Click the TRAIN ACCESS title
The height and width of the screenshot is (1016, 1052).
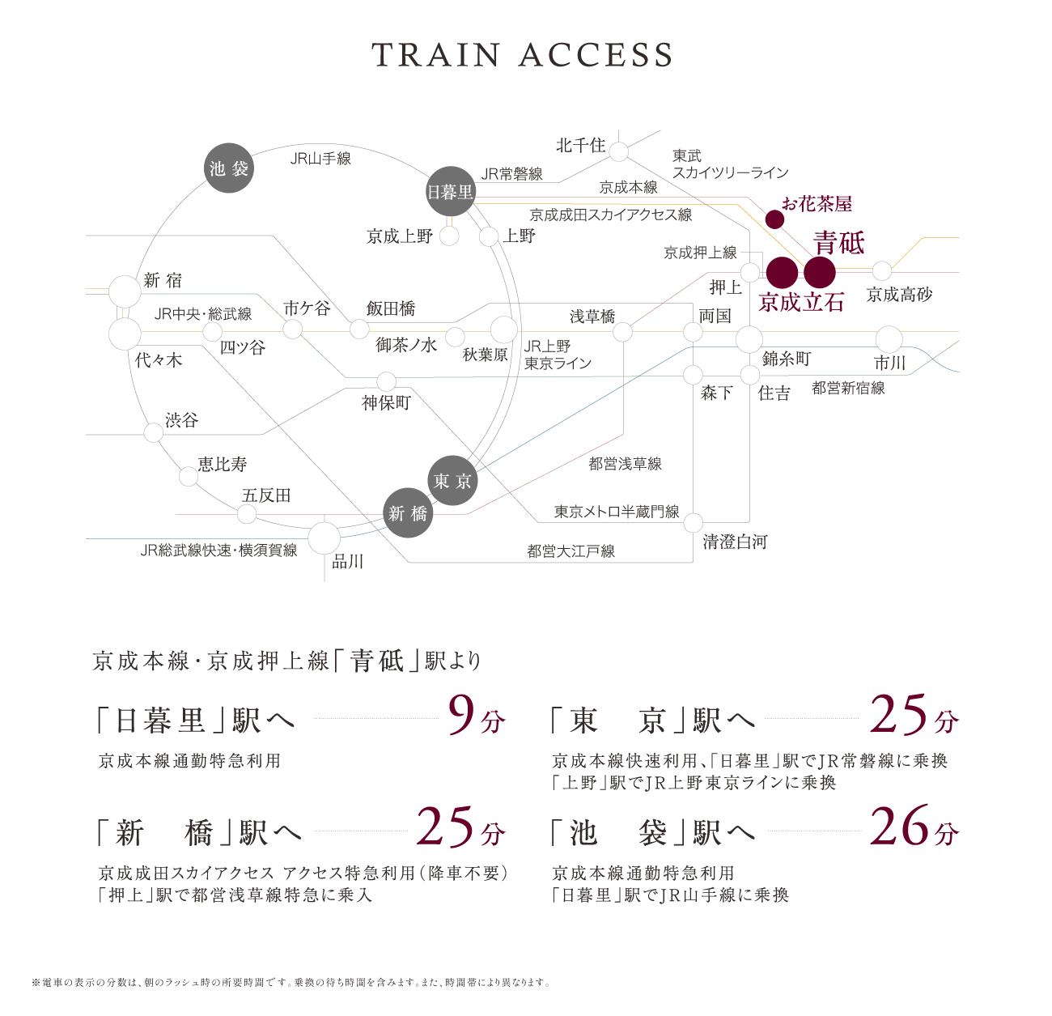tap(522, 54)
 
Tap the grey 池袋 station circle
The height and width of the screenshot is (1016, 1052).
tap(229, 168)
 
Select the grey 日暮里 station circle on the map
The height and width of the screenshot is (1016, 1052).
tap(450, 191)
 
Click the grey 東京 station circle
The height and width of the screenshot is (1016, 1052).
tap(452, 481)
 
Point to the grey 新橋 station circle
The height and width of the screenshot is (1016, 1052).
tap(408, 513)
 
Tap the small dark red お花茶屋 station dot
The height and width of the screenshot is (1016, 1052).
tap(774, 219)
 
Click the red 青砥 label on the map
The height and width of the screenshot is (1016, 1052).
tap(839, 242)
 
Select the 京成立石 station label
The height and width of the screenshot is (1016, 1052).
tap(800, 302)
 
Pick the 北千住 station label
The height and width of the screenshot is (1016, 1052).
tap(580, 145)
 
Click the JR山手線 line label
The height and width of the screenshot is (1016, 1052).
tap(320, 159)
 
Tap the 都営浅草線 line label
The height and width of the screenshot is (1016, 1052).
tap(625, 463)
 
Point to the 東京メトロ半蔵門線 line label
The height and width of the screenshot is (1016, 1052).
tap(617, 512)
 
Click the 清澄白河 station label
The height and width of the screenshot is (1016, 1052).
tap(735, 542)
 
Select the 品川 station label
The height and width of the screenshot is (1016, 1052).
tap(347, 562)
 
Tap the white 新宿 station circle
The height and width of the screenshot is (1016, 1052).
tap(125, 291)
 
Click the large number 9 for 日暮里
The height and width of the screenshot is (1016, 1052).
tap(462, 715)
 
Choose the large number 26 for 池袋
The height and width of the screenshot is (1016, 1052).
tap(899, 826)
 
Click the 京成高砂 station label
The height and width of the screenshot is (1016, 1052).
tap(900, 294)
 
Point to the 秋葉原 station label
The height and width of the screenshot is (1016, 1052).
tap(486, 355)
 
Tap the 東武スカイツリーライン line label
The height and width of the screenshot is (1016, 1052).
tap(731, 164)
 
